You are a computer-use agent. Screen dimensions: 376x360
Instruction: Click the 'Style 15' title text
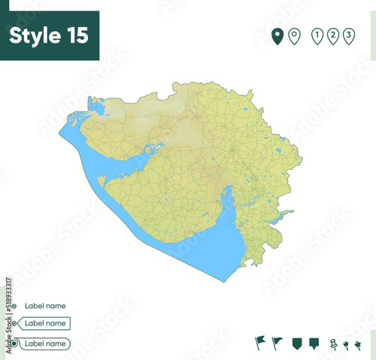click(x=49, y=35)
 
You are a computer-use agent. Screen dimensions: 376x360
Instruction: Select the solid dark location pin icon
click(x=277, y=35)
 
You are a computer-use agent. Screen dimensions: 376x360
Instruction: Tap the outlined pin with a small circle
click(x=294, y=35)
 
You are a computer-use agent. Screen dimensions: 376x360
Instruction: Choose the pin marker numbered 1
click(x=317, y=35)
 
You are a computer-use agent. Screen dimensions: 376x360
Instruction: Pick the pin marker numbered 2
click(x=333, y=35)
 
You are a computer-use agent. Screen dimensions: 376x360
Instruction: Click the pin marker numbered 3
click(x=349, y=35)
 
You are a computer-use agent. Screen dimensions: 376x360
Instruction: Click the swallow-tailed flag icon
click(x=260, y=343)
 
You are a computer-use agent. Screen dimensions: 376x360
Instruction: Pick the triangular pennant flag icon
click(x=277, y=343)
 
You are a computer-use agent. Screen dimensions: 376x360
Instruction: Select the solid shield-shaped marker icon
click(x=296, y=343)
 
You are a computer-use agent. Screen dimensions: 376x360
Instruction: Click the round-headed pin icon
click(x=346, y=345)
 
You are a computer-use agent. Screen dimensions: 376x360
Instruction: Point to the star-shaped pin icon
click(x=359, y=345)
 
